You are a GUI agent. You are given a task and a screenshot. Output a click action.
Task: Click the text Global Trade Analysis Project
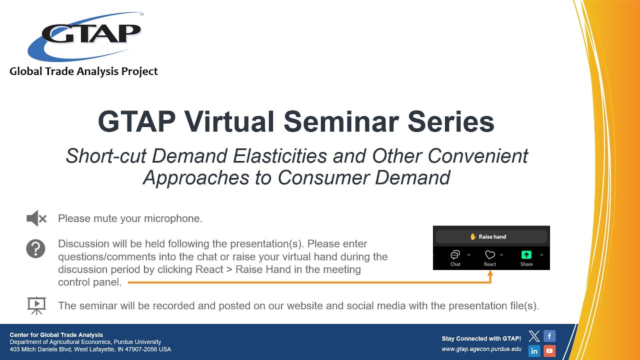point(83,71)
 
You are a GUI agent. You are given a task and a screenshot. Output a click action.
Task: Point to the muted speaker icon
point(36,218)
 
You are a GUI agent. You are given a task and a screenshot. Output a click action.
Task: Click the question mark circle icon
point(36,248)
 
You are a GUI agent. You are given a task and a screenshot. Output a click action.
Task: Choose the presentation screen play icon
point(36,305)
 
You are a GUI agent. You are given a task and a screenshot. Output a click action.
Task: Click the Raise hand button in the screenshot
point(490,236)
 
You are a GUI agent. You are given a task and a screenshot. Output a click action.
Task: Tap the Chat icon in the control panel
point(455,255)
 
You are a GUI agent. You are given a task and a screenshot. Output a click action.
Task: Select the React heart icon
point(490,255)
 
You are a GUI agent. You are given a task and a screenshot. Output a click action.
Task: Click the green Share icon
point(526,255)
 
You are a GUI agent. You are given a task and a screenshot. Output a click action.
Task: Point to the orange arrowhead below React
point(490,274)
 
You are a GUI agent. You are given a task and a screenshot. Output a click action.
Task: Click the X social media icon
point(534,336)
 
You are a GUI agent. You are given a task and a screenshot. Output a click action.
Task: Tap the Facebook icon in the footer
point(549,336)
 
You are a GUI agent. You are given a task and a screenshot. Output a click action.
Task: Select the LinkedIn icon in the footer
point(534,351)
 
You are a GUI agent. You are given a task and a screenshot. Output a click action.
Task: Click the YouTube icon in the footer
point(549,351)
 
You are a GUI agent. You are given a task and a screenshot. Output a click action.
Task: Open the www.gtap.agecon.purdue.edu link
point(481,349)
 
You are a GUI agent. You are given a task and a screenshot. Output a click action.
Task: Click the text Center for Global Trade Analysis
point(56,335)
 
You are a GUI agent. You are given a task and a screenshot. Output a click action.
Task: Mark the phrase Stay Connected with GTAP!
point(481,338)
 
